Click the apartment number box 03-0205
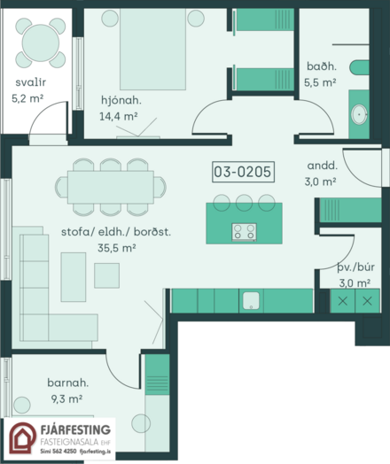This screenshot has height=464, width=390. click(x=243, y=172)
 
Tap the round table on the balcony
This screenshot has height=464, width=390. click(x=41, y=43)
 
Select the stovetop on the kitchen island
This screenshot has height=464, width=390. click(x=245, y=232)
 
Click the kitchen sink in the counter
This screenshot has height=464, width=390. click(x=251, y=301)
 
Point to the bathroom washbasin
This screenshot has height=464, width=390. click(x=359, y=114)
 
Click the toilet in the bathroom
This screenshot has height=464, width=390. click(x=359, y=68)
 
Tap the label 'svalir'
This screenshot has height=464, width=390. click(x=30, y=82)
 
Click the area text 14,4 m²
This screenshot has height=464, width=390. click(x=118, y=116)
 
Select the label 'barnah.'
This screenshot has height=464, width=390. click(x=68, y=383)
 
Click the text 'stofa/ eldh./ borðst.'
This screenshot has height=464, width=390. click(x=116, y=231)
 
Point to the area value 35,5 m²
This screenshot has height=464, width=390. click(x=117, y=248)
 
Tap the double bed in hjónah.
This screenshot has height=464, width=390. click(x=152, y=49)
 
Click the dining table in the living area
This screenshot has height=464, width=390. click(x=111, y=187)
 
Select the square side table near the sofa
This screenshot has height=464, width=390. click(x=107, y=275)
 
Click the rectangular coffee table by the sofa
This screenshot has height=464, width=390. click(x=74, y=277)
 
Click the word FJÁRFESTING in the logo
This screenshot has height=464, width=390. click(x=75, y=429)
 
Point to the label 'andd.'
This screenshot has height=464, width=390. click(x=322, y=166)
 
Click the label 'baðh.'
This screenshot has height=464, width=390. click(x=322, y=66)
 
